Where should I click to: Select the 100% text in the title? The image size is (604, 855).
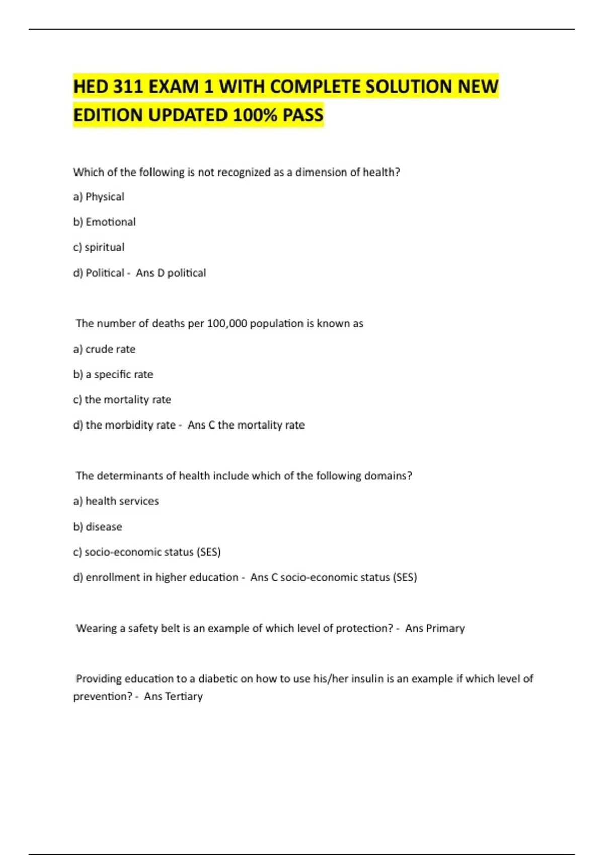pos(255,115)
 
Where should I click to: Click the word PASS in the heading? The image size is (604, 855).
pos(303,115)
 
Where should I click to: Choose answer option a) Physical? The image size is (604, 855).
pos(99,197)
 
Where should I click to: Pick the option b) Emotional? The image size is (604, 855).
pos(105,222)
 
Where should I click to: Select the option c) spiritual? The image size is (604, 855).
pos(99,247)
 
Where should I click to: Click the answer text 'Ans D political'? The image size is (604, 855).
pos(171,273)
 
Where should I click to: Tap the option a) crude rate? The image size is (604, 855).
pos(104,349)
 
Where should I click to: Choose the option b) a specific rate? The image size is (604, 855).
pos(113,374)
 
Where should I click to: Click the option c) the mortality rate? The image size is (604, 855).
pos(122,400)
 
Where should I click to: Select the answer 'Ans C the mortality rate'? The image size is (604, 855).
pos(246,425)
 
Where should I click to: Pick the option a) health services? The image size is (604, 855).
pos(116,501)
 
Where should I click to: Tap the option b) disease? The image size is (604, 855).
pos(98,527)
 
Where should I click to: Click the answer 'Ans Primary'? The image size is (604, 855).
pos(435,628)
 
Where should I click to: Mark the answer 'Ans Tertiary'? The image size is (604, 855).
pos(174,696)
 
